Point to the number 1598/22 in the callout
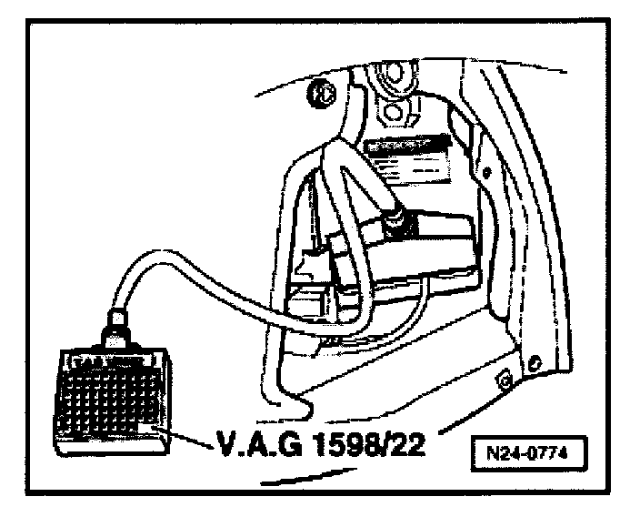368,447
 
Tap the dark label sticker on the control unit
403,146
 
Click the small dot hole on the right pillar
487,170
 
